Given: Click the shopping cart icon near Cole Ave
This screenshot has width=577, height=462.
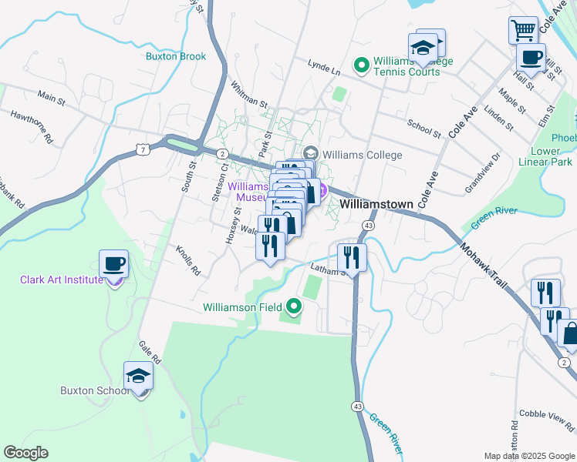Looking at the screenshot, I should [x=523, y=30].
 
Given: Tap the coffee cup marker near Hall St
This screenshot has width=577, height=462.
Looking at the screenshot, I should [x=531, y=57].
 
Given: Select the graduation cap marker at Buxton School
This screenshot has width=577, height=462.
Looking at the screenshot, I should [x=138, y=376].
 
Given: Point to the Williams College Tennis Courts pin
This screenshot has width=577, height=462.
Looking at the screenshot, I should [x=360, y=66].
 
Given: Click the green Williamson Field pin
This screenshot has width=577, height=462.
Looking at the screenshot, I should [x=294, y=307].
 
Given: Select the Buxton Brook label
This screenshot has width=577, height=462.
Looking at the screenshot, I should [x=176, y=56].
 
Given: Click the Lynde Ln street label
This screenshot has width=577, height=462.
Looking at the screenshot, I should [x=324, y=69].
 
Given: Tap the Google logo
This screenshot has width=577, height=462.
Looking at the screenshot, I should [x=25, y=453].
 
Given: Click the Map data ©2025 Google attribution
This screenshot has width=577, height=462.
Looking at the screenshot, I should [x=529, y=456].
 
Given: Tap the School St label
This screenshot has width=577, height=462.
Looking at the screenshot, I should [x=423, y=127].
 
